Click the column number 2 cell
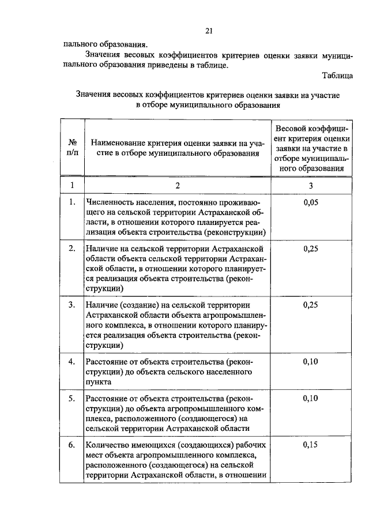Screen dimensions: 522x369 tap(178, 185)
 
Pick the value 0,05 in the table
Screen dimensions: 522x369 tap(310, 202)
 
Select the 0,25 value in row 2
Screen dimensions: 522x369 tap(310, 249)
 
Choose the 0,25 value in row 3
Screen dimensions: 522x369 tap(310, 305)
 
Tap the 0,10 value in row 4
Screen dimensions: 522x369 tap(310, 362)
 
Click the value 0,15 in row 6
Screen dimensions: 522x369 tap(310, 445)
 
